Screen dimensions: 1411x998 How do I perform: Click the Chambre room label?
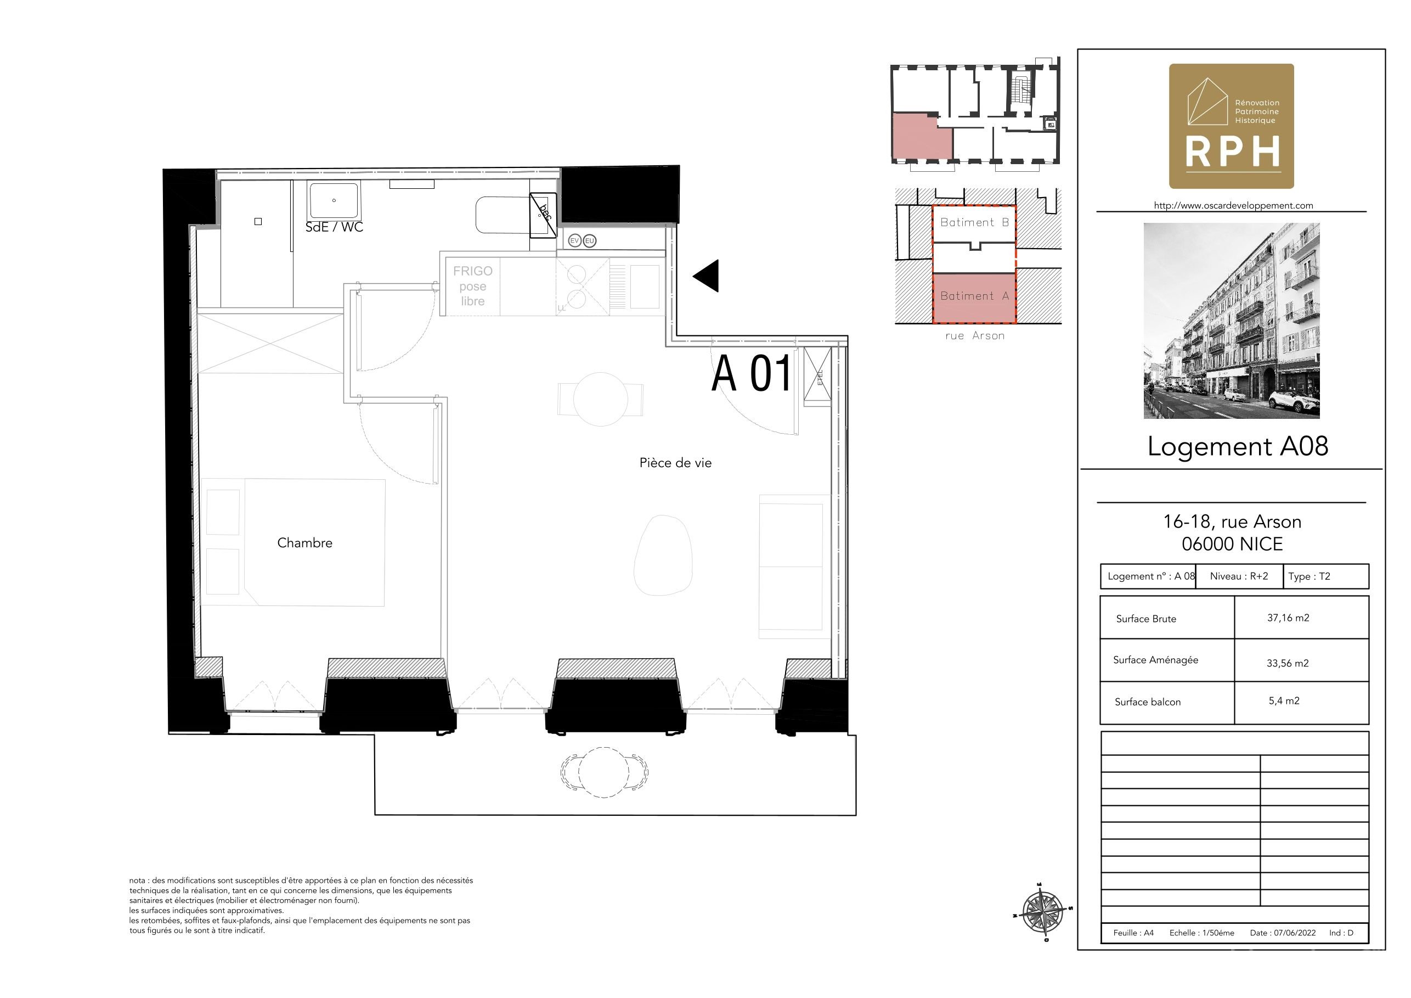(304, 543)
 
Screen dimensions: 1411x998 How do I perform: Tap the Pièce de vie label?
(675, 463)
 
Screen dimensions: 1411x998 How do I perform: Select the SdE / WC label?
(334, 227)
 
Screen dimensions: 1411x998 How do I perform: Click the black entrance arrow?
(707, 276)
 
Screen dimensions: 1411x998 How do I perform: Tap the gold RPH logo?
(1231, 126)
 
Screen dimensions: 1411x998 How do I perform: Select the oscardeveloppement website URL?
(1233, 205)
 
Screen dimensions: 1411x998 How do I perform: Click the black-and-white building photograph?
(1232, 321)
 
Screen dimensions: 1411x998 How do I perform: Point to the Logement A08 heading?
(1238, 446)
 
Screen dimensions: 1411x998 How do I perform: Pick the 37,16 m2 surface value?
(1288, 618)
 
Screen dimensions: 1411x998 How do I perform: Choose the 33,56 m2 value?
(1288, 663)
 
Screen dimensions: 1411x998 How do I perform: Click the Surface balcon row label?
(1147, 702)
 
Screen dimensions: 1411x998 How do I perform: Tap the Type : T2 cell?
(1309, 576)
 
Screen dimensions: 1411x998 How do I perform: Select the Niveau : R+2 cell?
(1239, 576)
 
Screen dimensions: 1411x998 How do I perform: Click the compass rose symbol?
(1042, 912)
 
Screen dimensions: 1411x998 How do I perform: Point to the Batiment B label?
(975, 222)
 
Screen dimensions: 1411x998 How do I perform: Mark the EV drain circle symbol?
(574, 240)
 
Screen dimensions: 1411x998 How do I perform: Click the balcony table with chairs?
(604, 772)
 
